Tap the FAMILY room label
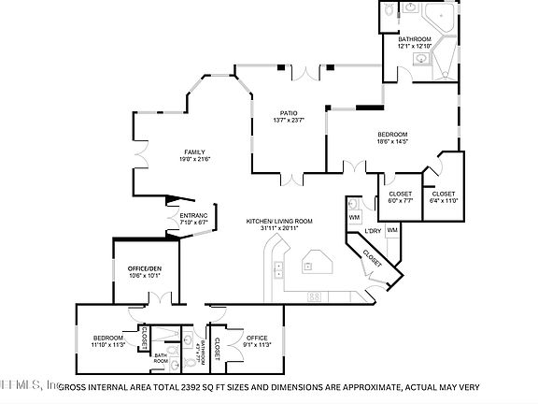[x=194, y=151]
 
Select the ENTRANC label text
[x=193, y=215]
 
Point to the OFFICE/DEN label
[x=145, y=268]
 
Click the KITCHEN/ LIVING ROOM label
[x=279, y=221]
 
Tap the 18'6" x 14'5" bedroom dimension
[x=392, y=140]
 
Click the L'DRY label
[x=372, y=230]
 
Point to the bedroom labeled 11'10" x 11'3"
[x=108, y=341]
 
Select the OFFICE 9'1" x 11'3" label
[x=258, y=341]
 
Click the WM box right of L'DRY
[x=392, y=230]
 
